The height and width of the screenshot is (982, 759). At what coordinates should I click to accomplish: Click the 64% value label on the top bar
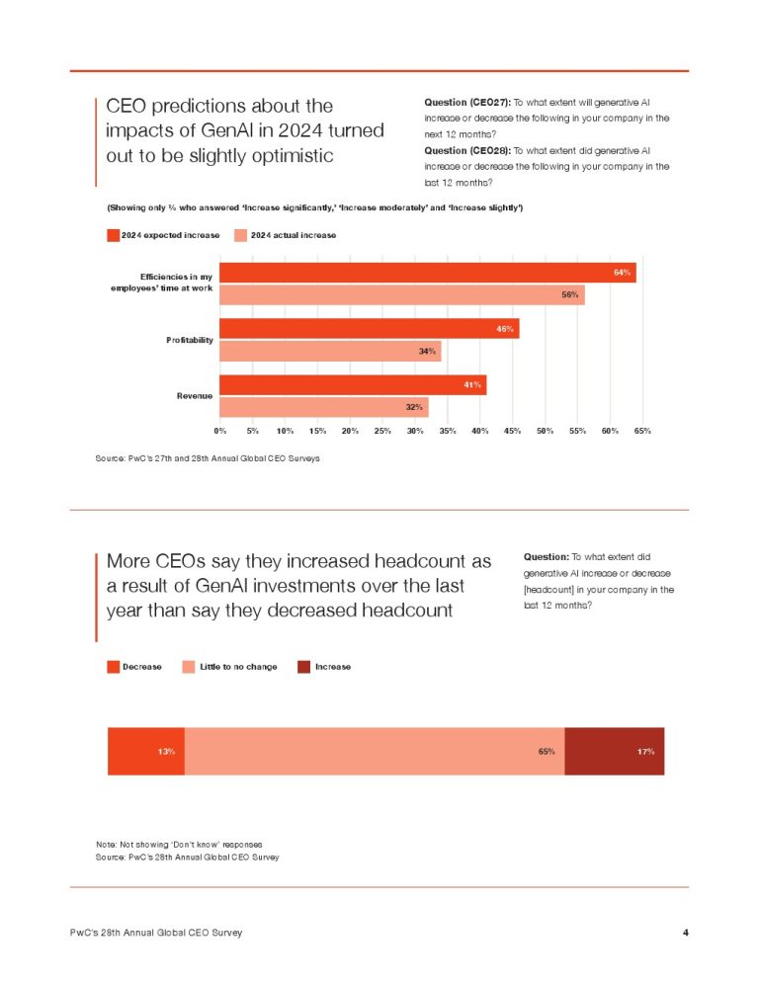[x=622, y=272]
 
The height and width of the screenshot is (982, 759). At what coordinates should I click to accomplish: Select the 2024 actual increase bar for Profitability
[x=330, y=351]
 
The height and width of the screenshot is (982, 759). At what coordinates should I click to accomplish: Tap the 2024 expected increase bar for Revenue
[x=352, y=385]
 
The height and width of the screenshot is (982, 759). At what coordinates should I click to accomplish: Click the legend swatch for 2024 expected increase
[x=113, y=235]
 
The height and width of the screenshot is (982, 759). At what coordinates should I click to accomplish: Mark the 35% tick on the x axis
[x=448, y=431]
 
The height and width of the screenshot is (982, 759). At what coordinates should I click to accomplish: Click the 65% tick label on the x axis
[x=642, y=431]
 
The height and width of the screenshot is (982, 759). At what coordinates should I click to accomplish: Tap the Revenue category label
[x=195, y=396]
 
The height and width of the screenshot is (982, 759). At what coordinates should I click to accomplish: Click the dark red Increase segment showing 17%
[x=614, y=752]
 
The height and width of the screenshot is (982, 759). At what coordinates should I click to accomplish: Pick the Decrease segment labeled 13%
[x=145, y=752]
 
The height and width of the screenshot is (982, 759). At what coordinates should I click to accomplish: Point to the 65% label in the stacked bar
[x=546, y=752]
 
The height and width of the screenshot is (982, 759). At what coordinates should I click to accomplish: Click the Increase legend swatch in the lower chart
[x=304, y=667]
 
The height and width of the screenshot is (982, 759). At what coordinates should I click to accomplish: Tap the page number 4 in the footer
[x=685, y=933]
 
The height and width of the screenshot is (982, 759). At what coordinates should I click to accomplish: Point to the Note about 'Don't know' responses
[x=178, y=845]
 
